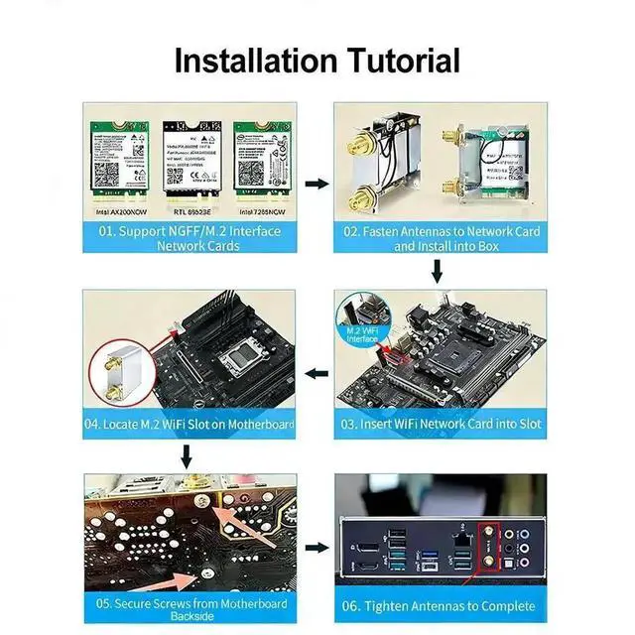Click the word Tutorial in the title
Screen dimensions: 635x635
(388, 60)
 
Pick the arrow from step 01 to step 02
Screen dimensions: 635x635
(316, 184)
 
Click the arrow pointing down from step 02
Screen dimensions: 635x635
(437, 271)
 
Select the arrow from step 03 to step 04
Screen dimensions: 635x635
(316, 374)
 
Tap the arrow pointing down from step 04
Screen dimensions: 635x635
(186, 457)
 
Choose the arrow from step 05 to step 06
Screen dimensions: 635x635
(316, 547)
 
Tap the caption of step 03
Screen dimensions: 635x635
(440, 424)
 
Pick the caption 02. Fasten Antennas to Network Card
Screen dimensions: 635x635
(440, 238)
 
